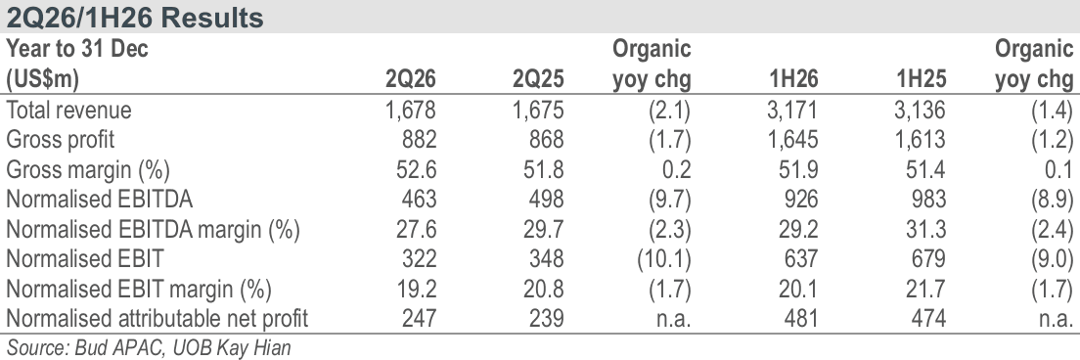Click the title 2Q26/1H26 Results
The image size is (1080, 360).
[135, 18]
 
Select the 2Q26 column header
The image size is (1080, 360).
[411, 79]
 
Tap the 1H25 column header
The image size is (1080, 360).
[921, 79]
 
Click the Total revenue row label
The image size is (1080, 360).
[68, 111]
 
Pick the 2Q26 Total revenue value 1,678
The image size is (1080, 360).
[411, 111]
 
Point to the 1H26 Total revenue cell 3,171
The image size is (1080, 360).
[792, 111]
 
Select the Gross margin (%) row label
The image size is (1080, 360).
[87, 170]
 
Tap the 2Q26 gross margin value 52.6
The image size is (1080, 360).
[416, 170]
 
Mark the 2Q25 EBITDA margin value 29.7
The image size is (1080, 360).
[544, 229]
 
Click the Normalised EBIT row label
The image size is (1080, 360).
[85, 259]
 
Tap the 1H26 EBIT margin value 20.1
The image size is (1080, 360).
[798, 289]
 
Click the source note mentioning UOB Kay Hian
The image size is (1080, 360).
[149, 347]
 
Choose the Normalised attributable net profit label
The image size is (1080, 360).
[157, 318]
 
